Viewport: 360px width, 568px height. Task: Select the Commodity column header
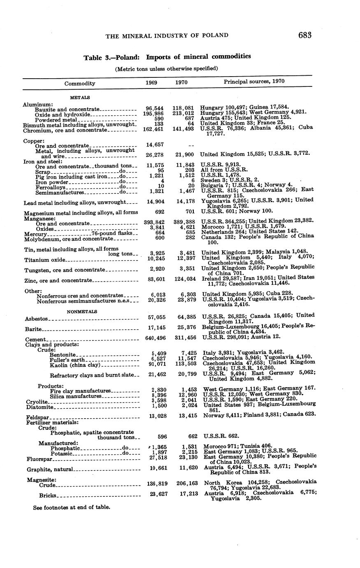(x=80, y=83)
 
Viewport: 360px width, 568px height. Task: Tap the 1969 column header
(x=151, y=82)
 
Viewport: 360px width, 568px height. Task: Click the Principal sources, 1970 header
(x=254, y=81)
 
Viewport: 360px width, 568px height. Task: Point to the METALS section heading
(x=80, y=98)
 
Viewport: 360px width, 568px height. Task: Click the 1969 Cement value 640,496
(x=152, y=338)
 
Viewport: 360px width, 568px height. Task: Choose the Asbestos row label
(x=36, y=319)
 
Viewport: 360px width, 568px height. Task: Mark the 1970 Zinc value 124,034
(x=182, y=280)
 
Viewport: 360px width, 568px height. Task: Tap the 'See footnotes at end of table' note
(x=72, y=507)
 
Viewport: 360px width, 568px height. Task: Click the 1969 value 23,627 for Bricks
(x=156, y=494)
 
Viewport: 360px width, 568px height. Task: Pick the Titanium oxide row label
(x=45, y=260)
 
